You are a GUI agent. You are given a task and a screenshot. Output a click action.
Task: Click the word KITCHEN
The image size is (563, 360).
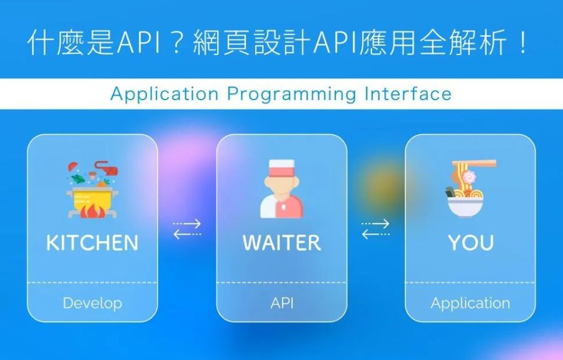click(93, 242)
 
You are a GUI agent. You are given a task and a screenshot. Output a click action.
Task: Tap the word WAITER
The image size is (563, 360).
click(282, 242)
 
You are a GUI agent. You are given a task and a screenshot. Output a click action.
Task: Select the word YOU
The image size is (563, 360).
click(470, 242)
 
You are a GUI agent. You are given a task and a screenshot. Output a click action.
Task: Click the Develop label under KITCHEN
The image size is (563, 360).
click(93, 303)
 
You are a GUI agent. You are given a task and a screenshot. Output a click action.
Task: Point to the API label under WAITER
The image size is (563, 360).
click(282, 303)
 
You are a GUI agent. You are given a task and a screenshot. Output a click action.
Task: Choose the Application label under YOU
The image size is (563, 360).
click(470, 303)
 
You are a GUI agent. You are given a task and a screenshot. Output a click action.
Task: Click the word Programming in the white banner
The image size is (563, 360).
click(292, 95)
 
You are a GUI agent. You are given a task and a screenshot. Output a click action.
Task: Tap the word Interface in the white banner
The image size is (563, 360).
click(408, 94)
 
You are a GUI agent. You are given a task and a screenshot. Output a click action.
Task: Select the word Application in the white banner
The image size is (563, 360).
click(165, 95)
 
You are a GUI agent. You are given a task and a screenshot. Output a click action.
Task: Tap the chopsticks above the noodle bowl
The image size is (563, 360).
click(474, 164)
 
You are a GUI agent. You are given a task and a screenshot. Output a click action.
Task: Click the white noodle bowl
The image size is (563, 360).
click(465, 207)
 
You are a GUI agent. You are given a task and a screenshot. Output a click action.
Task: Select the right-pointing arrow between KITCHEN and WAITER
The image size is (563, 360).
click(186, 224)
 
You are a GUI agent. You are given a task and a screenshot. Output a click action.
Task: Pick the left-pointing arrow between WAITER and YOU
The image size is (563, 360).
click(375, 234)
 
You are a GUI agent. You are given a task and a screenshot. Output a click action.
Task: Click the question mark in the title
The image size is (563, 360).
click(176, 42)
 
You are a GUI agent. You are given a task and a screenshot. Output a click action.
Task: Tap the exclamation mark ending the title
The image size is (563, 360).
click(522, 42)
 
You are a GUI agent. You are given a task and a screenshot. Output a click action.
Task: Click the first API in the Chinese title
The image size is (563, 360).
click(138, 43)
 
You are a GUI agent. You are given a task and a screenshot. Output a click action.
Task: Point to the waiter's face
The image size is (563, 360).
click(282, 187)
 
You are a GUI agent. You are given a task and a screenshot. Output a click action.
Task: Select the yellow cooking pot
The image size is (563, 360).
click(93, 198)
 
